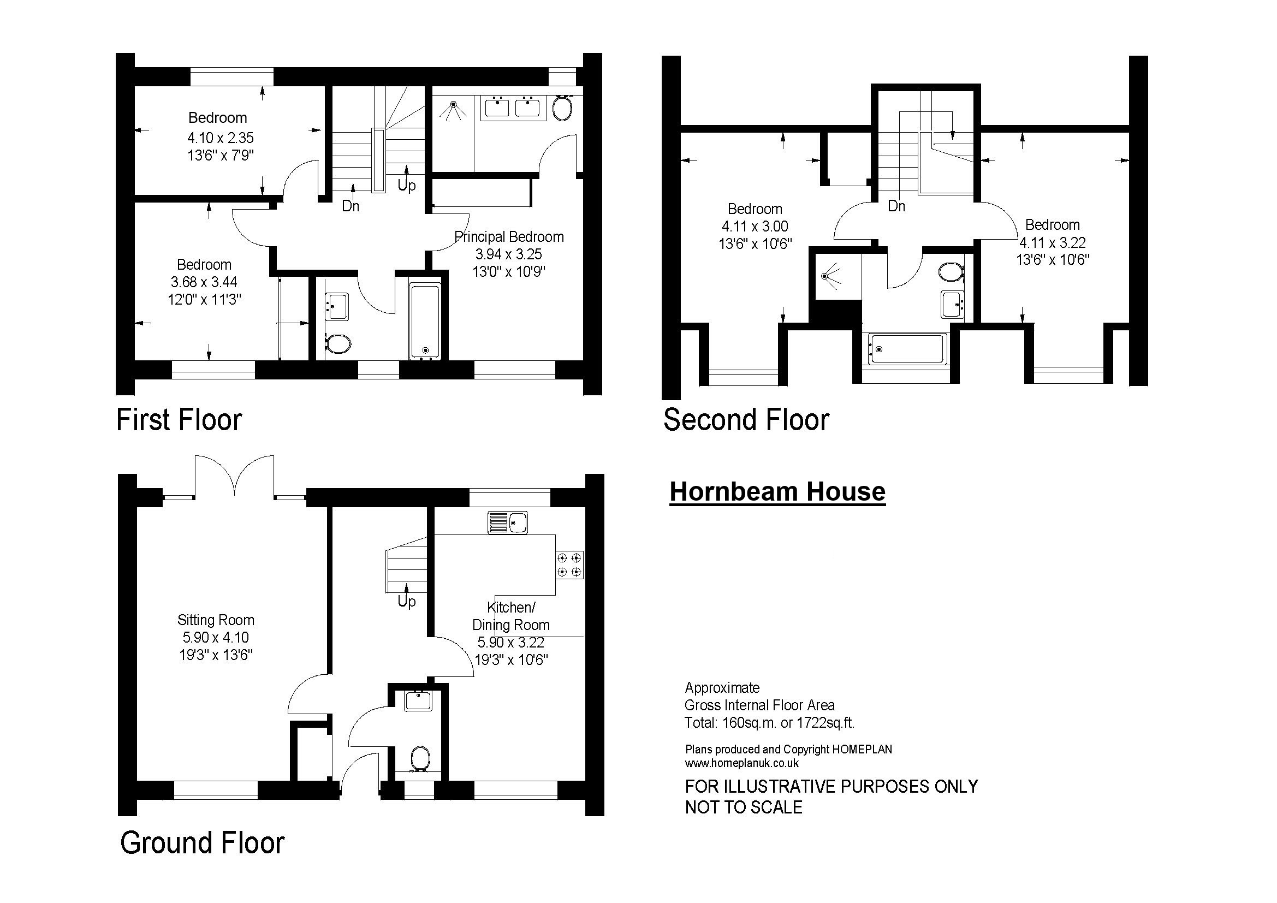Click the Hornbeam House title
point(777,491)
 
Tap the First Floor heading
point(179,420)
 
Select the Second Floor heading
point(746,420)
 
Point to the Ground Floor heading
point(203,842)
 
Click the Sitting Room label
point(216,620)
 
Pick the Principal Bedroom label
point(509,237)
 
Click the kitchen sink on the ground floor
point(508,522)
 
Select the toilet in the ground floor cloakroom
point(420,758)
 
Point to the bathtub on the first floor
point(425,321)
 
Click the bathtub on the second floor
point(907,349)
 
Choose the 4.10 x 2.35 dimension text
point(221,138)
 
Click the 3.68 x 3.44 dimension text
point(204,282)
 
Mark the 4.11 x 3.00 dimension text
point(755,227)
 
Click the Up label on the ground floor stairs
point(407,602)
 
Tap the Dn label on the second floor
point(896,206)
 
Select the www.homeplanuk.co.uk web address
point(742,763)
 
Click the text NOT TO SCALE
point(744,807)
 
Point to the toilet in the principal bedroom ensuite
point(562,108)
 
